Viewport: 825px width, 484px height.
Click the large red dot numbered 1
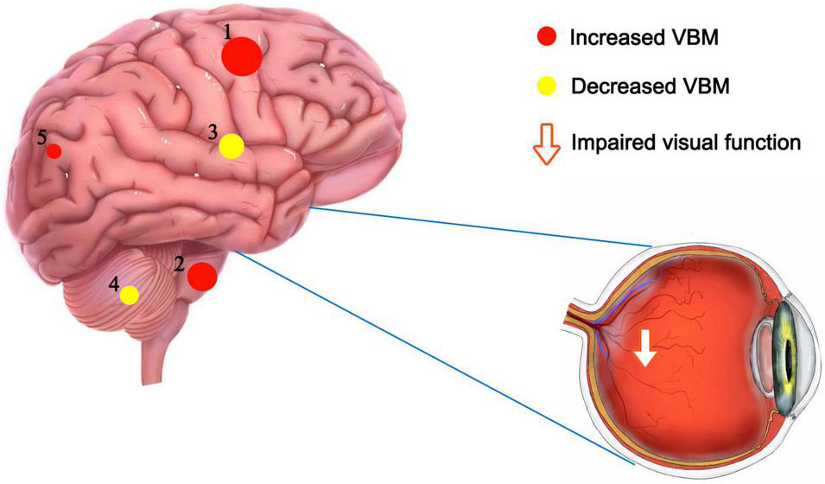point(241,56)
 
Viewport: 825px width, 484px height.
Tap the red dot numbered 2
point(202,277)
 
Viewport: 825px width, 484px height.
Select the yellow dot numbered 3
point(231,146)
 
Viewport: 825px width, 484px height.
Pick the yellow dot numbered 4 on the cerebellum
point(129,295)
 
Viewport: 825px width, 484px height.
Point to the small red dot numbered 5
point(54,151)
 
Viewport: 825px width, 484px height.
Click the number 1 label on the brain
point(228,32)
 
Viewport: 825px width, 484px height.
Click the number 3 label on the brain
point(213,132)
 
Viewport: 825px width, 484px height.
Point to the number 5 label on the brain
point(41,137)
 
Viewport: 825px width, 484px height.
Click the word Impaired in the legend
point(607,142)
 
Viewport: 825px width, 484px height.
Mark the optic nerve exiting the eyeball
point(577,319)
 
